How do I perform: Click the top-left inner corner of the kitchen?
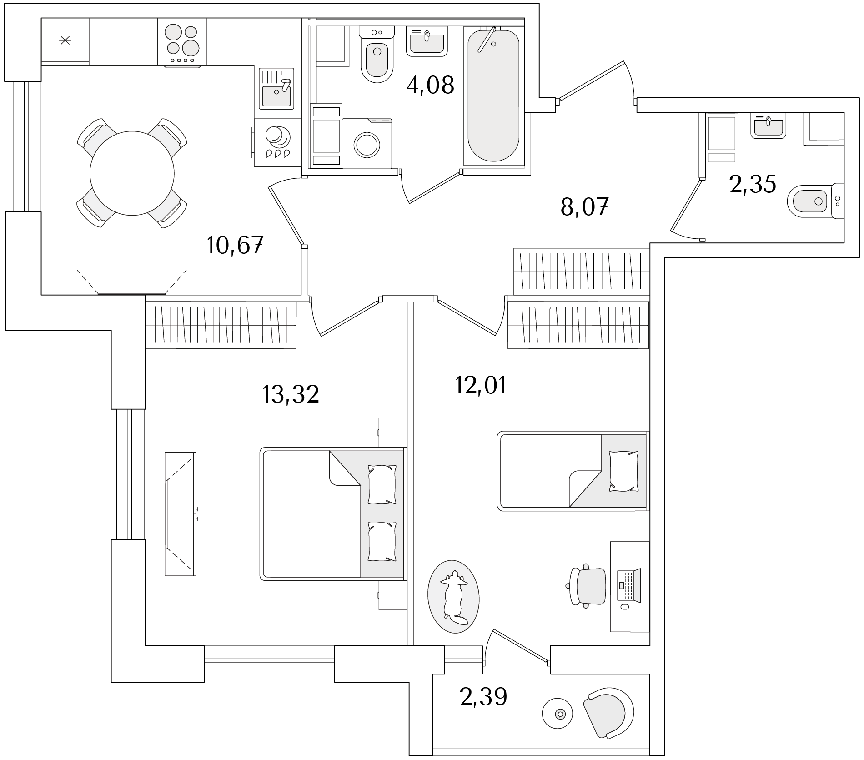click(x=41, y=19)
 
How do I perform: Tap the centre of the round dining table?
click(x=132, y=173)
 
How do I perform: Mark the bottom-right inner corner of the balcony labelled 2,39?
click(x=649, y=747)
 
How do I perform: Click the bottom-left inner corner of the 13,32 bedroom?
click(x=146, y=645)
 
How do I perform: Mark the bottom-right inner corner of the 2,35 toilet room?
click(x=844, y=242)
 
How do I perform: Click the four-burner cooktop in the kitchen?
click(x=182, y=42)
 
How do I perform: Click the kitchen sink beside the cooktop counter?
click(x=276, y=89)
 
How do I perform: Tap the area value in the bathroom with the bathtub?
click(x=430, y=85)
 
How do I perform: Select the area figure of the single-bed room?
click(x=481, y=385)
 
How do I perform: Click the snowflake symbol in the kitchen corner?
click(x=65, y=41)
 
